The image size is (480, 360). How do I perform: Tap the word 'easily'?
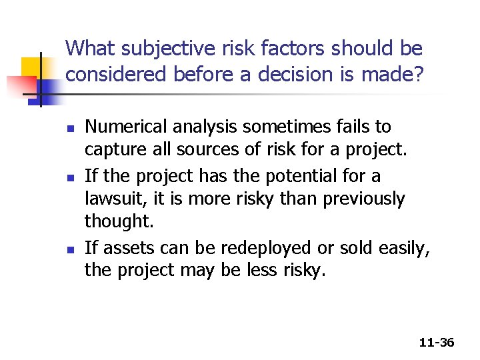coord(405,248)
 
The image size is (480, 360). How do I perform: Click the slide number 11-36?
coord(437,343)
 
